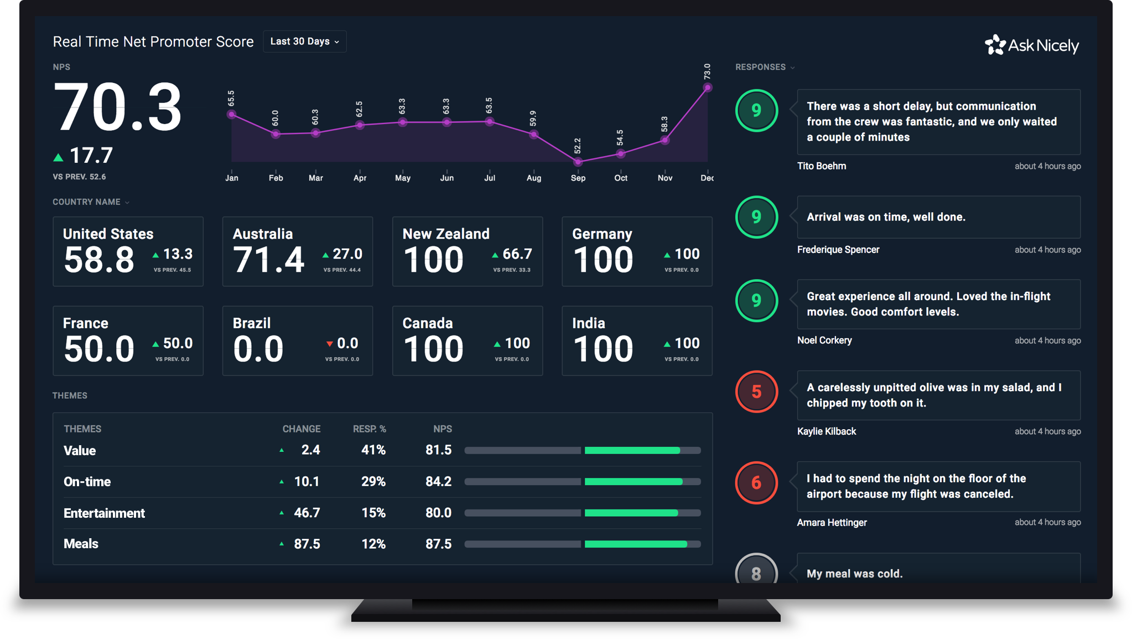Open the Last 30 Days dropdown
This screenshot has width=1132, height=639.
304,42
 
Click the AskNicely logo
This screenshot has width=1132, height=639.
1032,45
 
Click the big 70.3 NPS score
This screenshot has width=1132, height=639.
117,107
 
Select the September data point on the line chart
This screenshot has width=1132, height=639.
578,162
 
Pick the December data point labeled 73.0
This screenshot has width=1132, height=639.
707,87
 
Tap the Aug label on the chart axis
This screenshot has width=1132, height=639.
533,178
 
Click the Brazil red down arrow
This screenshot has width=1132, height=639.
330,344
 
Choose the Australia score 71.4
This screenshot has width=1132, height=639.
268,259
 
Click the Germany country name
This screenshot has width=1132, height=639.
602,234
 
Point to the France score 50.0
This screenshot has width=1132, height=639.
99,349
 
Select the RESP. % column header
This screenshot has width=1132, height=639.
369,429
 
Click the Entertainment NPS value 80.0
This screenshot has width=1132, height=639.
438,513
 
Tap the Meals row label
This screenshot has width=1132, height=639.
81,544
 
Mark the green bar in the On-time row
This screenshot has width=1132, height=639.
633,482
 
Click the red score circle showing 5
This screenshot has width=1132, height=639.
756,391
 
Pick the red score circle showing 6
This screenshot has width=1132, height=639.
756,483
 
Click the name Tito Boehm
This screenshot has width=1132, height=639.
822,166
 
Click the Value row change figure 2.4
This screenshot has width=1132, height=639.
310,450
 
